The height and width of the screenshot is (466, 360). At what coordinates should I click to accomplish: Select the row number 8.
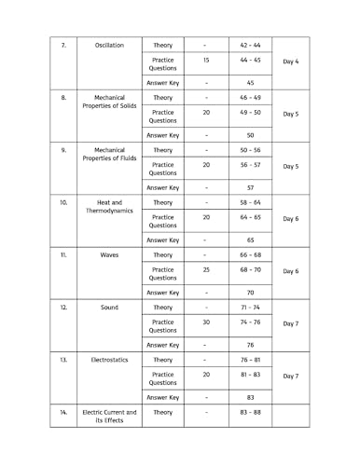click(62, 97)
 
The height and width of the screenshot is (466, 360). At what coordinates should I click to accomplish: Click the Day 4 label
click(290, 62)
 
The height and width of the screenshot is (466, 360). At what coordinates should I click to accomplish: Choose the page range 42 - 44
click(250, 45)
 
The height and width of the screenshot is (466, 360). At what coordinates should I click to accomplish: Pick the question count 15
click(205, 61)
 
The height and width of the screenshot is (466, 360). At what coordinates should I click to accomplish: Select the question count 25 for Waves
click(205, 270)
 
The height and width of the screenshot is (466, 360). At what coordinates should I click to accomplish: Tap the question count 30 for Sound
click(205, 322)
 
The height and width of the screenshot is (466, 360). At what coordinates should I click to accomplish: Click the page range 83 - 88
click(250, 412)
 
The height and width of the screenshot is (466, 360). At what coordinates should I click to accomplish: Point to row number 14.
click(62, 412)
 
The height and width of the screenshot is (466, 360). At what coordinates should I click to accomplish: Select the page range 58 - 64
click(250, 202)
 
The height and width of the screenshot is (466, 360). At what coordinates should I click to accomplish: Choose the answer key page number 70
click(250, 292)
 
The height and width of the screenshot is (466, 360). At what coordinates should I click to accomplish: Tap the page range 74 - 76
click(250, 322)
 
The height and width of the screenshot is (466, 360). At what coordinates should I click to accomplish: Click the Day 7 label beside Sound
click(290, 323)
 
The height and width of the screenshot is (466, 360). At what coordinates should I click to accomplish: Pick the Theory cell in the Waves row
click(162, 254)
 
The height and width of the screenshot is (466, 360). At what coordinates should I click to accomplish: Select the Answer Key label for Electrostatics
click(162, 397)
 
